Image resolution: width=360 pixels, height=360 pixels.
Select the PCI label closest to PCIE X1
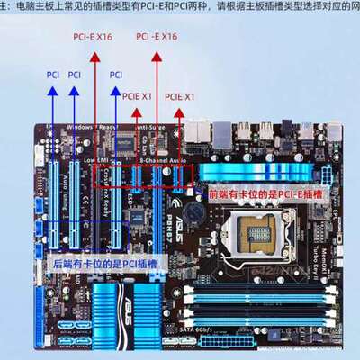pyautogui.click(x=116, y=75)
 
